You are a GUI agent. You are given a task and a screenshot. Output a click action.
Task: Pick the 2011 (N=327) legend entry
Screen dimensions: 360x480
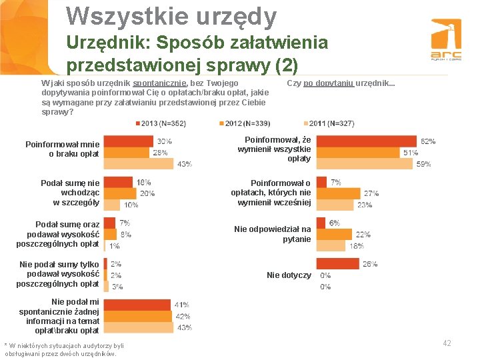click(329, 123)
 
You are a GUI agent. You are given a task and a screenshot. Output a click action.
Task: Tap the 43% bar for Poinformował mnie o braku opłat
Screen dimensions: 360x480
click(139, 164)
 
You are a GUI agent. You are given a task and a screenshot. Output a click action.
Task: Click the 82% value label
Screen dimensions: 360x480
click(428, 141)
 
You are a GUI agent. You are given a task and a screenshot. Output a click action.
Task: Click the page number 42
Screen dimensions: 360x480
click(446, 343)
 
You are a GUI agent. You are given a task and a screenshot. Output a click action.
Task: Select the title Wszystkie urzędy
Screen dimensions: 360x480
click(171, 17)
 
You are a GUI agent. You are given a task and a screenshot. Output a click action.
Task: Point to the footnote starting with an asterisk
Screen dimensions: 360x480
click(64, 349)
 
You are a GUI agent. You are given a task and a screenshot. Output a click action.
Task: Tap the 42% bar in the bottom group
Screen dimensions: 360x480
click(137, 316)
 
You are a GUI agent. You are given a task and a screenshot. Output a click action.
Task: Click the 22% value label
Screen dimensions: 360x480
click(363, 234)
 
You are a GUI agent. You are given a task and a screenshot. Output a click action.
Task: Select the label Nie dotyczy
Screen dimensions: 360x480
click(289, 275)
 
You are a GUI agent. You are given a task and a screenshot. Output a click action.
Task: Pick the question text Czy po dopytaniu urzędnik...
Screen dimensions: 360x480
click(340, 83)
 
